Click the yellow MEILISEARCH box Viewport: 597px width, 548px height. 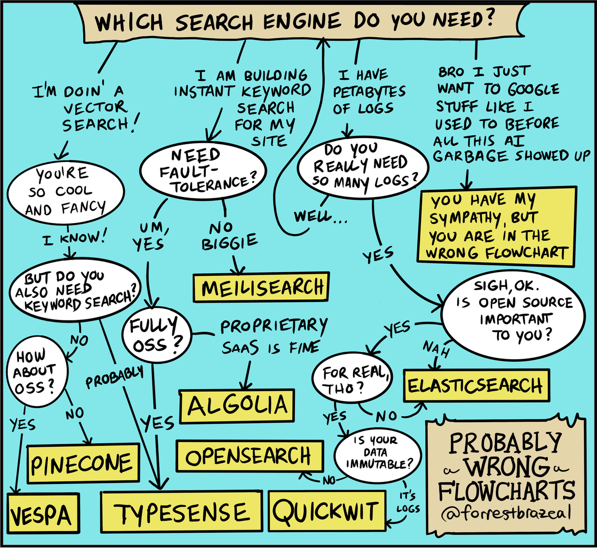coord(262,287)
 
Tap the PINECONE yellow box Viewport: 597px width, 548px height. coord(84,463)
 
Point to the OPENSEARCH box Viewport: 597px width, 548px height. coord(249,456)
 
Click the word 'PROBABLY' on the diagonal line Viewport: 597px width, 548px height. coord(115,377)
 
